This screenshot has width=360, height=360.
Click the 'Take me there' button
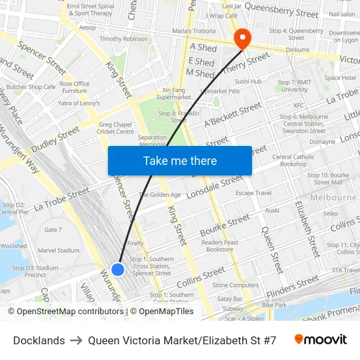180,160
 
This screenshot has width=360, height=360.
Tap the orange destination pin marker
242,39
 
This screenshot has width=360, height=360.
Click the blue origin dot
118,269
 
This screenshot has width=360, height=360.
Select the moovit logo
320,340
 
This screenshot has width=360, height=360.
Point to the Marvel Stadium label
59,250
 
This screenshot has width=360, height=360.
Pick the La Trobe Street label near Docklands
62,199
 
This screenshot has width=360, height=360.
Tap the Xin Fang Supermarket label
173,94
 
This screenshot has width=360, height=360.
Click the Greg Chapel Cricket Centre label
116,128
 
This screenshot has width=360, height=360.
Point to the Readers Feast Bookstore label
220,245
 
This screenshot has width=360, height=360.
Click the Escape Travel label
253,193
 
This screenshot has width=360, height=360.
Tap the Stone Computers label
236,285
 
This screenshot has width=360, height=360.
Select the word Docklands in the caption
39,340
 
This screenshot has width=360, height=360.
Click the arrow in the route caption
77,340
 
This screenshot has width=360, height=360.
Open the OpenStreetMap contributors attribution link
69,312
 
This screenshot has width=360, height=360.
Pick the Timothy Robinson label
124,39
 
